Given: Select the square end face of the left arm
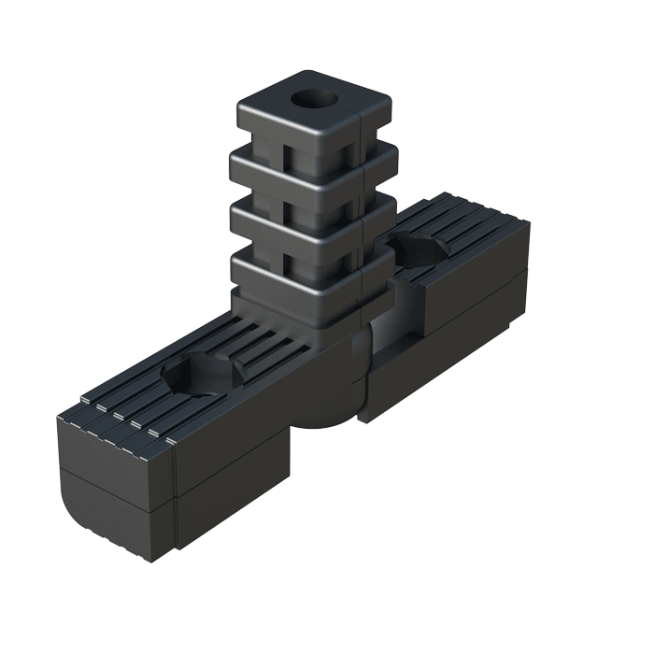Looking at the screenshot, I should tap(112, 486).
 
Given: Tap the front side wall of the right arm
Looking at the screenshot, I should tap(439, 346).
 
